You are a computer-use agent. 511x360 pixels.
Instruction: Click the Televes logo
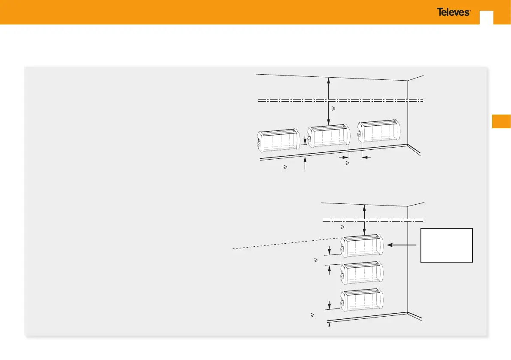[x=454, y=12]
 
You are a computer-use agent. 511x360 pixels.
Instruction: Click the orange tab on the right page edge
[x=502, y=121]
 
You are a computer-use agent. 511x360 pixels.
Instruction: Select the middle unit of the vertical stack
[x=361, y=273]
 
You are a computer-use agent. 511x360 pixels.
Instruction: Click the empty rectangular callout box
[x=447, y=245]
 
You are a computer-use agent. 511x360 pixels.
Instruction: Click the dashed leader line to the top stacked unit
[x=283, y=243]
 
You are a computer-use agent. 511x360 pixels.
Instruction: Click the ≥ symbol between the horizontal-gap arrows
[x=347, y=163]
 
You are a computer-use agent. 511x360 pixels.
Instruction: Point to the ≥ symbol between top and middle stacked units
[x=316, y=260]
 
